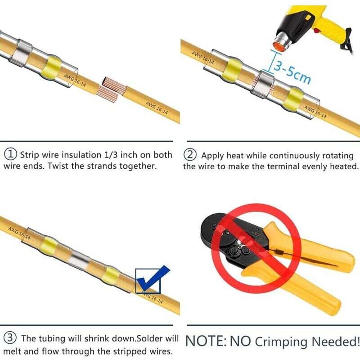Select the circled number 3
click(10, 338)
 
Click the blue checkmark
click(153, 277)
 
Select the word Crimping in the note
click(281, 342)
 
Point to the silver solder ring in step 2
click(263, 85)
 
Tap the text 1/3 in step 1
click(111, 155)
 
